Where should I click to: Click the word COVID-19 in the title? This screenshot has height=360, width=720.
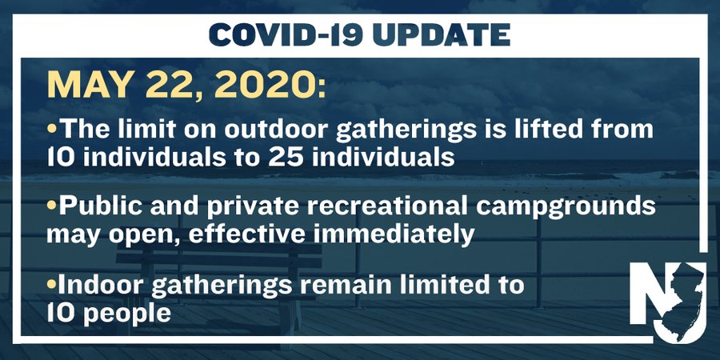tap(287, 34)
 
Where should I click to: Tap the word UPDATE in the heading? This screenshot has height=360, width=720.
tap(442, 34)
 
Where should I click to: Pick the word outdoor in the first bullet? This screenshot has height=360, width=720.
tap(277, 129)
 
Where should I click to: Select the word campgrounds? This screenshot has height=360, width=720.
tap(566, 207)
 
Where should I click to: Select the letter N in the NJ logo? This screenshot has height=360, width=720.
tap(647, 293)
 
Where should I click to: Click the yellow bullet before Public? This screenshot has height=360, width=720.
tap(51, 206)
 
